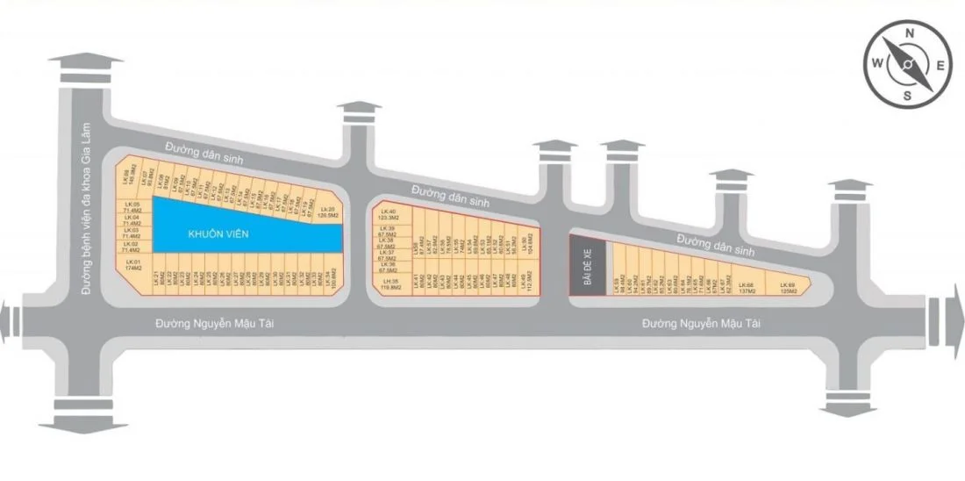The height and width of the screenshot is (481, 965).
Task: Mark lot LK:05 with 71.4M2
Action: click(132, 208)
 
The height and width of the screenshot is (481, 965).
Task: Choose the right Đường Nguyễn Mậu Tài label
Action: click(701, 324)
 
